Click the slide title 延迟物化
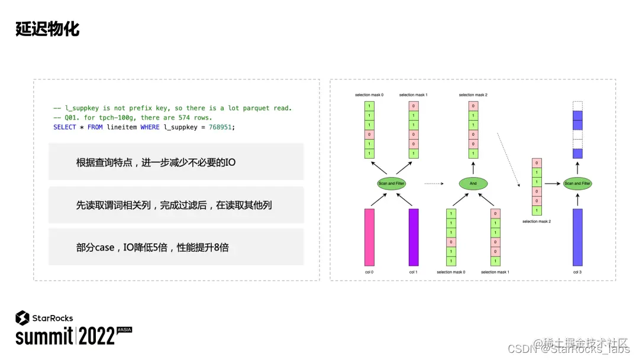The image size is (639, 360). [x=47, y=29]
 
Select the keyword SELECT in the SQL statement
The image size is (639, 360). [x=64, y=127]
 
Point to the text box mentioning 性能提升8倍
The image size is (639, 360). [x=176, y=247]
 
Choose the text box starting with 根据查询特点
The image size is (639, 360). [x=176, y=162]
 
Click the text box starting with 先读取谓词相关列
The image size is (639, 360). [x=176, y=205]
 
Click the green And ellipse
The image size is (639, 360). [x=473, y=184]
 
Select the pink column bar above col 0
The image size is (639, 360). [x=369, y=237]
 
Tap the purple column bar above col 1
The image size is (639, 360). [x=414, y=237]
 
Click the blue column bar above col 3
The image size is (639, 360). [x=577, y=237]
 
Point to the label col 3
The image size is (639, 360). [x=577, y=272]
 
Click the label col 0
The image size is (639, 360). [x=369, y=272]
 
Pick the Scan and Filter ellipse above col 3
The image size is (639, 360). [x=577, y=184]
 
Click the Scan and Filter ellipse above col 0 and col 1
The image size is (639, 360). [x=391, y=184]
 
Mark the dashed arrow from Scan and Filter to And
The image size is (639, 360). [x=434, y=184]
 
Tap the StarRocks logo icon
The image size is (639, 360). [x=22, y=318]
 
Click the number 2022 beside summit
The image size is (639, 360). [x=96, y=336]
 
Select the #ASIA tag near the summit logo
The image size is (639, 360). [x=124, y=329]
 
